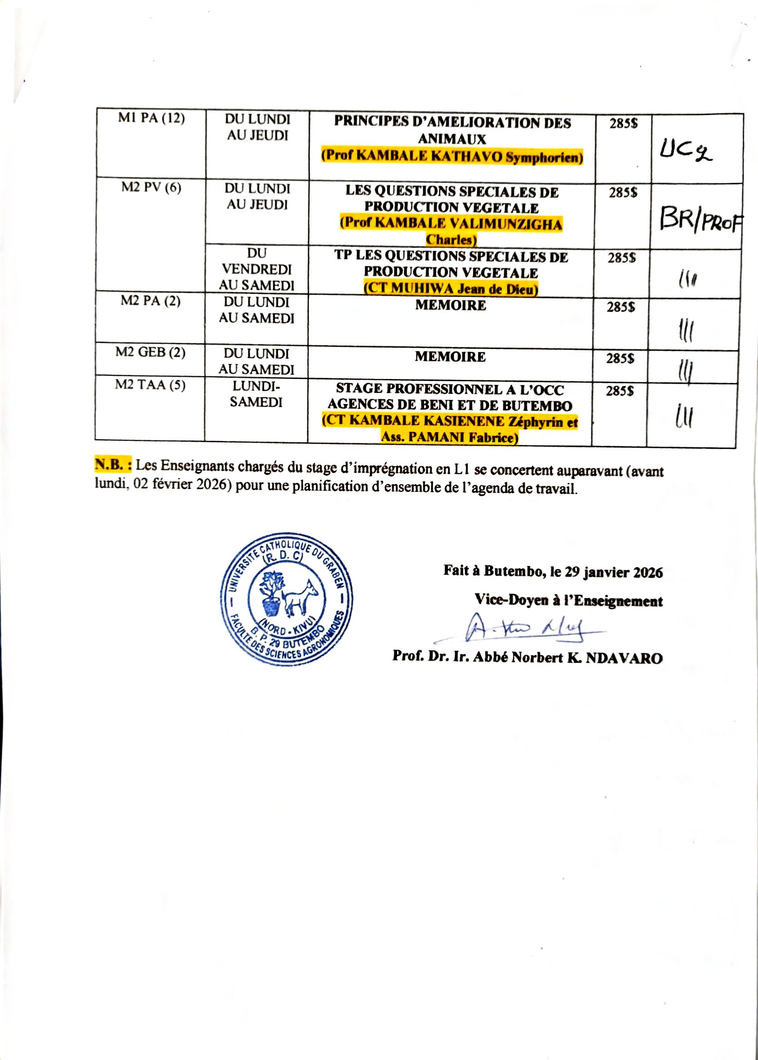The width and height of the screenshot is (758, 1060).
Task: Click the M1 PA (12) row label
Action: click(151, 118)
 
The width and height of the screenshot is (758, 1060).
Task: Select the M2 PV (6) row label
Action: click(151, 188)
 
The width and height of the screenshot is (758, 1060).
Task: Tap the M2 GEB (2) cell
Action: click(150, 352)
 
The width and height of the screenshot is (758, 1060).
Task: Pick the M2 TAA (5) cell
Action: click(150, 385)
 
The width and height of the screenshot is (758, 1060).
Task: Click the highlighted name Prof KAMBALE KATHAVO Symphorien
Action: click(452, 156)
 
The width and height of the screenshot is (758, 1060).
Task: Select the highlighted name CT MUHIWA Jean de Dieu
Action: click(451, 288)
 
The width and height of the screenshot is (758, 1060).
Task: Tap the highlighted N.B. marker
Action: click(114, 464)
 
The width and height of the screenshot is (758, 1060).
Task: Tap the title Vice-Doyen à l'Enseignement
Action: click(568, 601)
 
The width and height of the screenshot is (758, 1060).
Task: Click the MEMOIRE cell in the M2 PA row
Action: click(450, 306)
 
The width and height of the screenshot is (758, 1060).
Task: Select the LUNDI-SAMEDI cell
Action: click(256, 394)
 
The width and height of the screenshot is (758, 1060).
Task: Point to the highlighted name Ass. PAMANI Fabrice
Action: click(450, 438)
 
